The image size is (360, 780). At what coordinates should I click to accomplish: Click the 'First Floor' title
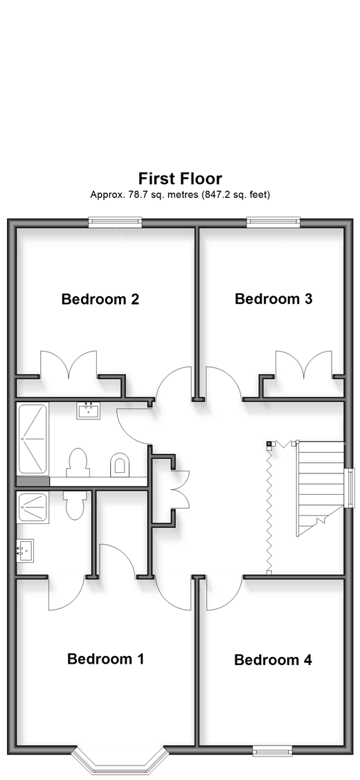180,178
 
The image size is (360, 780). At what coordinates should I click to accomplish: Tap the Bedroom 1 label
105,659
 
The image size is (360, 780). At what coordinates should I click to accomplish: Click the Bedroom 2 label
100,299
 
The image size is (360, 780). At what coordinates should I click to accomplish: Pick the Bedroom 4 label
273,660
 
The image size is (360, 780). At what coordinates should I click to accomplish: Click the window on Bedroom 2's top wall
115,222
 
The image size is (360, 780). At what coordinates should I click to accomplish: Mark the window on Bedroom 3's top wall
273,222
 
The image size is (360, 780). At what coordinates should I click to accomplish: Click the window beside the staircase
350,487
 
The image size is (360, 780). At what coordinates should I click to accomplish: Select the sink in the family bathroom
88,410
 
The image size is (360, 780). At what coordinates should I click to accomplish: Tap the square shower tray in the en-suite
33,507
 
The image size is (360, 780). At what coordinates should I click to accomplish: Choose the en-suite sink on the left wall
25,551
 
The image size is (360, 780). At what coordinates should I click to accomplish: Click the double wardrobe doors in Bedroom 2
69,363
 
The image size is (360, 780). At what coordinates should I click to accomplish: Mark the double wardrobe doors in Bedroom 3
304,363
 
